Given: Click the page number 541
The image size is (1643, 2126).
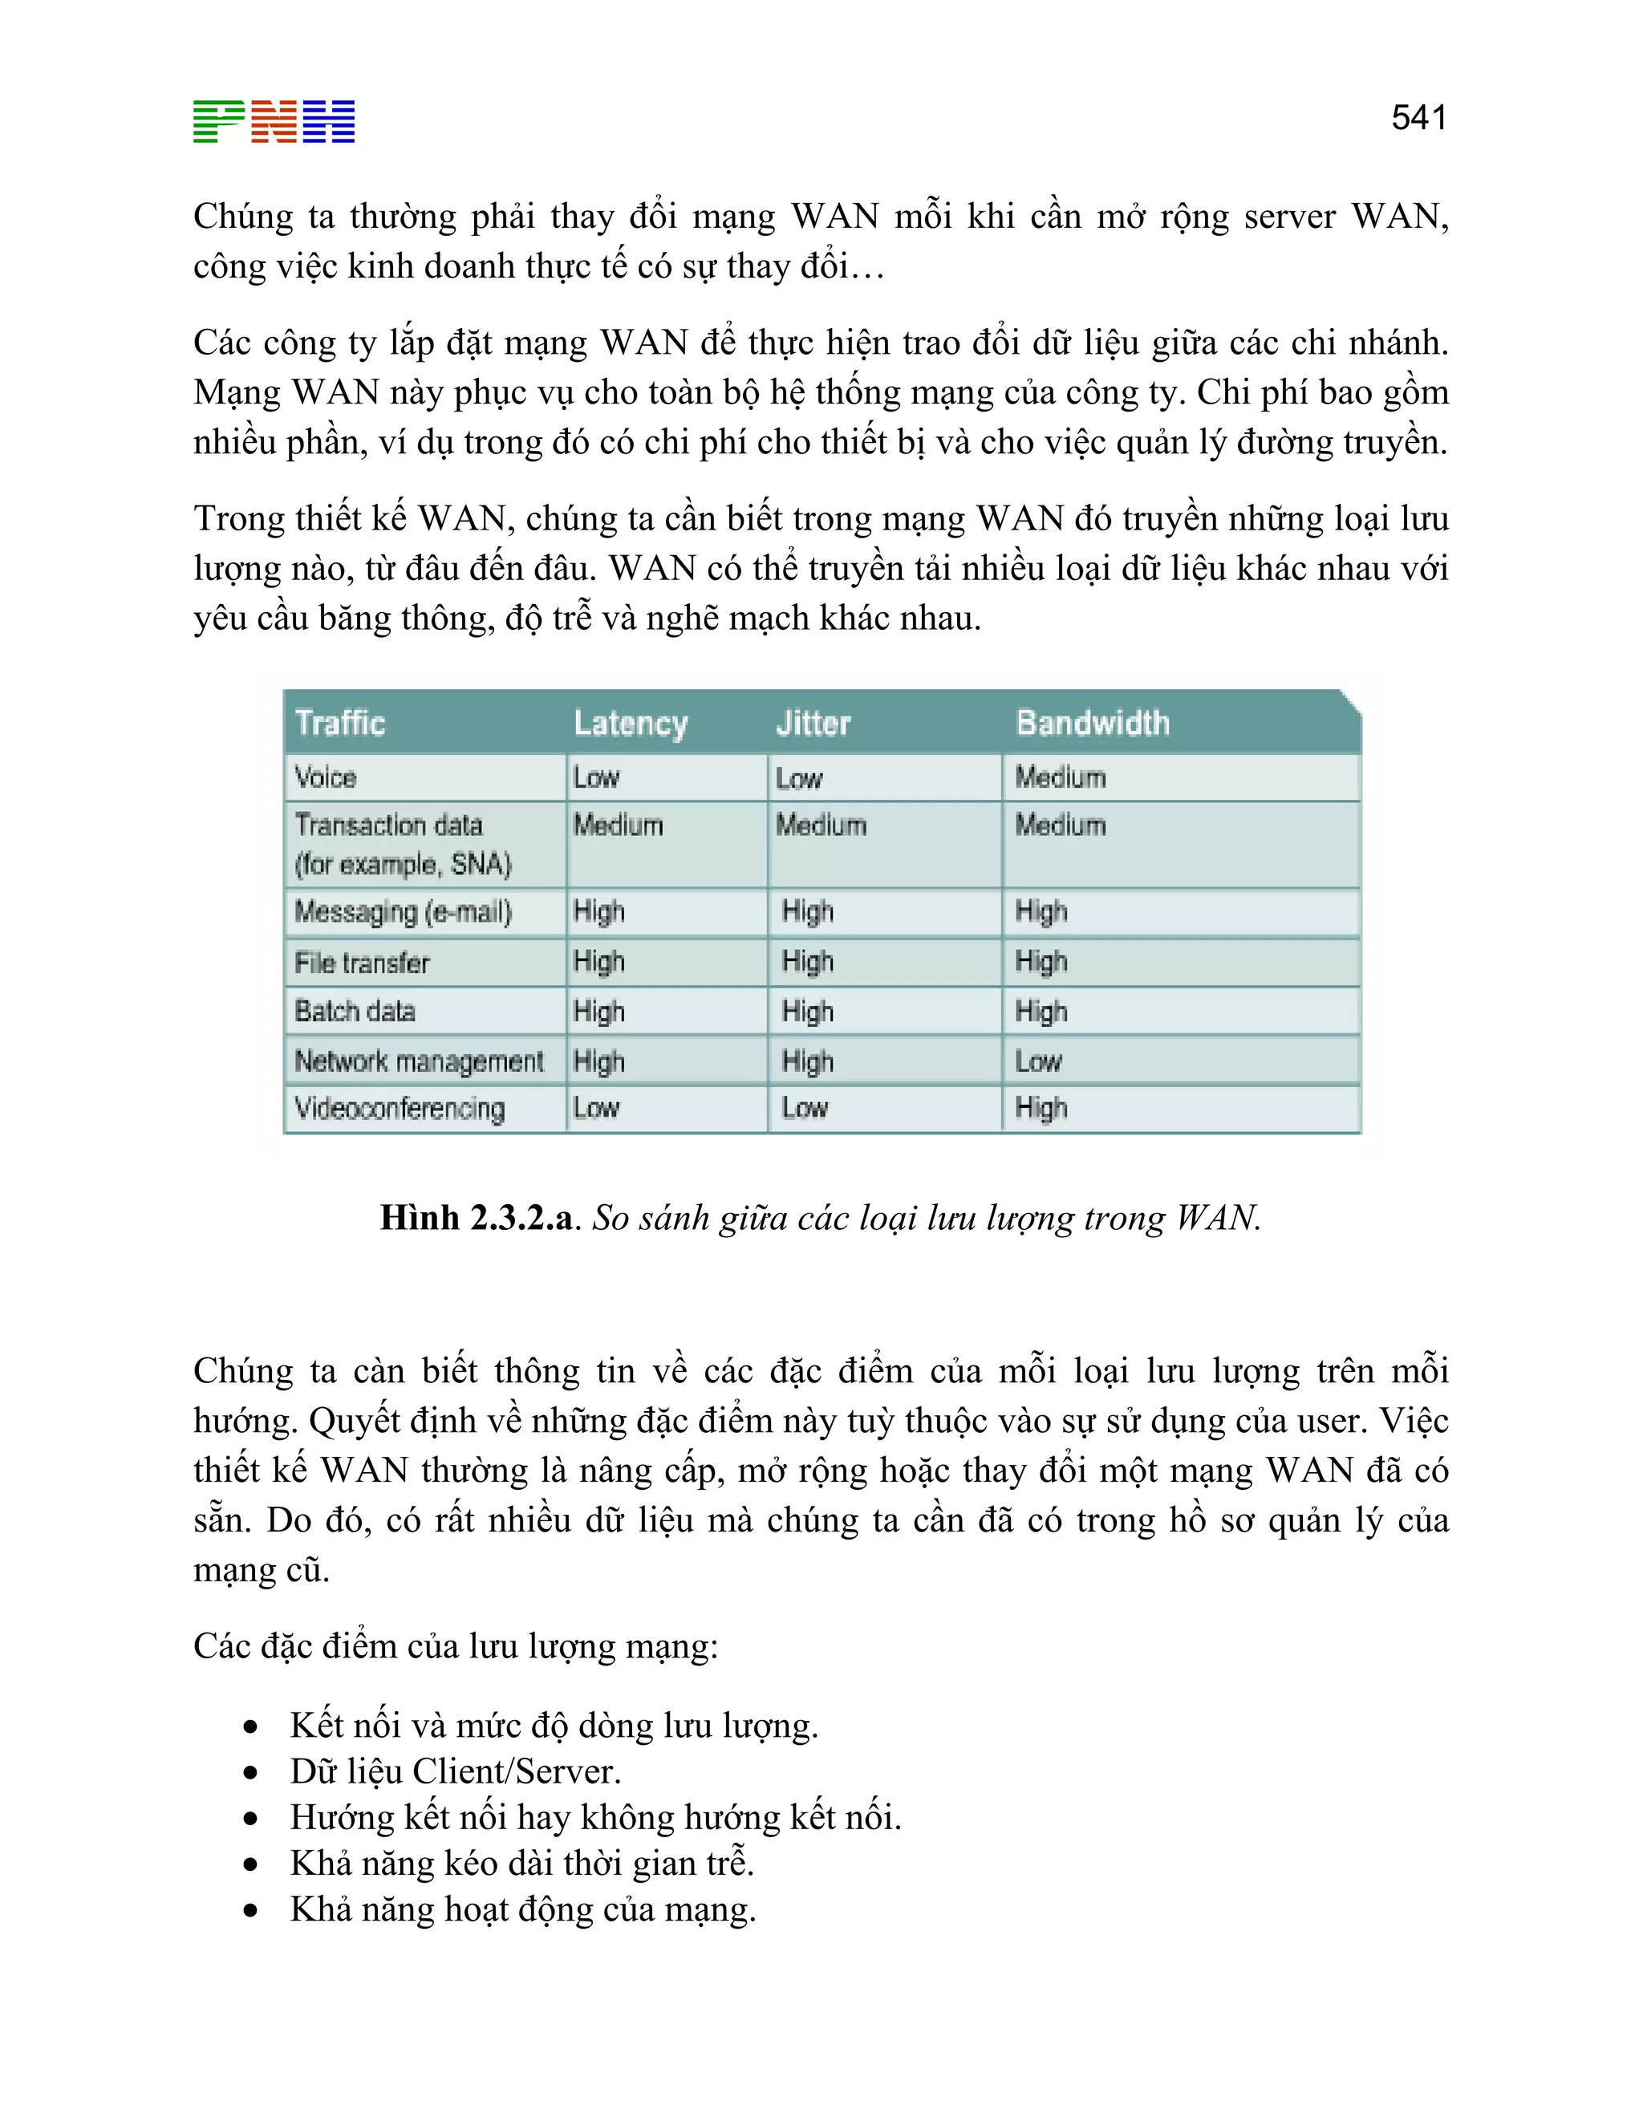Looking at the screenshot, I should point(1418,118).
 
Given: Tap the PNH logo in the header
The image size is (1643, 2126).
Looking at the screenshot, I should point(274,122).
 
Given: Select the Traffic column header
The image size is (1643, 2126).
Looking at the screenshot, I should point(339,724).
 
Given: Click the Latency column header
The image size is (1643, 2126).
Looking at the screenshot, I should point(630,724).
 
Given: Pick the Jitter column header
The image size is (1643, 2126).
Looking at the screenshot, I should point(813,724).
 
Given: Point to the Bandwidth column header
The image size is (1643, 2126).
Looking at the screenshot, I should point(1092,724).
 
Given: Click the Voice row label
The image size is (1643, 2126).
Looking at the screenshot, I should point(326,777).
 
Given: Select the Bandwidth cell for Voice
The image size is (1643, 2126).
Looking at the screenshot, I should point(1060,777).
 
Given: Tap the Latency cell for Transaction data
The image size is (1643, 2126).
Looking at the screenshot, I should point(617,826).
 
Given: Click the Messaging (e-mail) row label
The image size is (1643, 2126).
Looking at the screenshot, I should point(403,912).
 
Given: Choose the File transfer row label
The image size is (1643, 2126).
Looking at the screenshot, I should point(362,963).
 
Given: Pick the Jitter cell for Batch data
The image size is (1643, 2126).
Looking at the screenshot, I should point(807,1012).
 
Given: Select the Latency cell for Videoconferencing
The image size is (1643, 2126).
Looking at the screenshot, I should point(596,1109).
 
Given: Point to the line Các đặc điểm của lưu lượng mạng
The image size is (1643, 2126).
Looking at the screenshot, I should point(456,1646).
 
